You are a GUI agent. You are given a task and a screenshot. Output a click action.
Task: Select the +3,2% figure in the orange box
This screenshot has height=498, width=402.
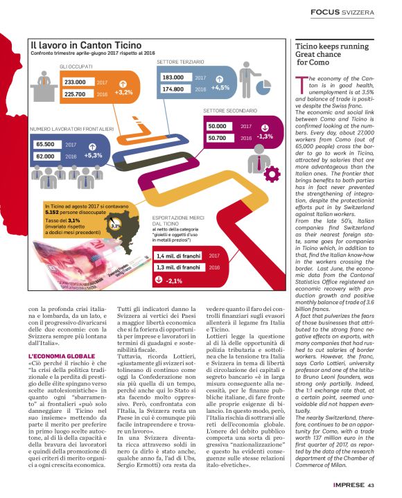[x=123, y=91]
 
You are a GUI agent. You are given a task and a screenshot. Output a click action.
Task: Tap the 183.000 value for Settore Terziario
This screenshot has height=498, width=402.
[x=172, y=78]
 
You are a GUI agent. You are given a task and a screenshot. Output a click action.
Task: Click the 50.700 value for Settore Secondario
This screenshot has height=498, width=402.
[x=221, y=139]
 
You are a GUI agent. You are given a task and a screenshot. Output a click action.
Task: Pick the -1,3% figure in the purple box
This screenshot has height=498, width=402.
[x=264, y=136]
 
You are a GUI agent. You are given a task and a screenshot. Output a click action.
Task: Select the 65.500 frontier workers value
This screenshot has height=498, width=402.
[x=46, y=145]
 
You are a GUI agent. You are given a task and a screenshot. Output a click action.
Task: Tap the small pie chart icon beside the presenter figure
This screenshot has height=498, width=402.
[x=116, y=224]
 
